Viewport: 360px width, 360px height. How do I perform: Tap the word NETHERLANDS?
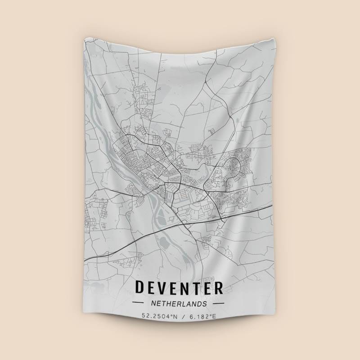click(x=179, y=304)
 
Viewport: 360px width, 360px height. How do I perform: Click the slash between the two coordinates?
click(x=182, y=317)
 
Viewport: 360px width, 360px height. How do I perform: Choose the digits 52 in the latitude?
click(x=144, y=317)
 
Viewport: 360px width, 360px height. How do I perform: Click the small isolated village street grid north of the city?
click(x=145, y=96)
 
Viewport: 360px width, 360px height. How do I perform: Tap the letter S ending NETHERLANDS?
click(x=205, y=304)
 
